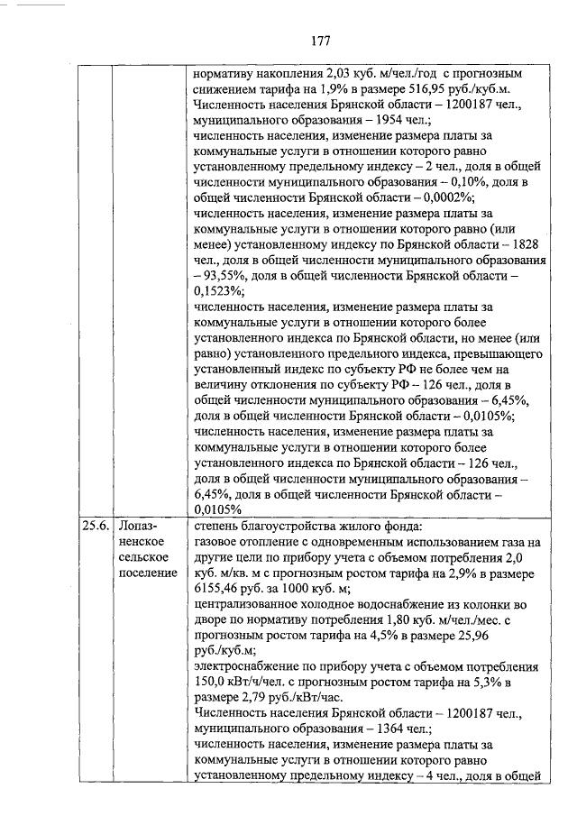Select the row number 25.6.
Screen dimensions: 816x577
pyautogui.click(x=95, y=526)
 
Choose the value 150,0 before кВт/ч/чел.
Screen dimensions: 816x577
pyautogui.click(x=212, y=683)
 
